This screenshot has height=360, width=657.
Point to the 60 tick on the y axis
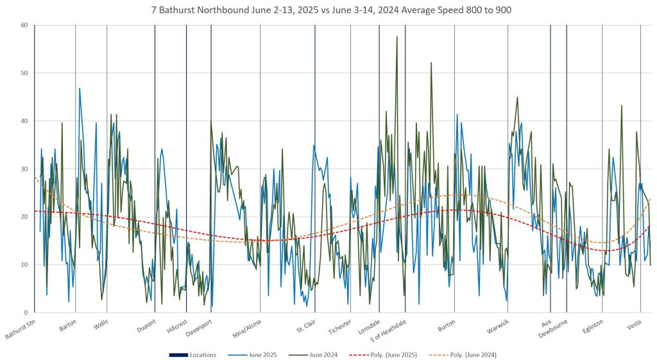pos(24,25)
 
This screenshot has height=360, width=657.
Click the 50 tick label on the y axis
pos(24,73)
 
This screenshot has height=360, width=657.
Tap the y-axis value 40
pos(24,121)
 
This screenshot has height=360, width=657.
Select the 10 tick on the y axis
pos(24,264)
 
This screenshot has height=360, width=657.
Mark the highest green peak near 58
pos(397,37)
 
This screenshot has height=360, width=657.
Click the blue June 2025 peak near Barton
pos(80,88)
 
